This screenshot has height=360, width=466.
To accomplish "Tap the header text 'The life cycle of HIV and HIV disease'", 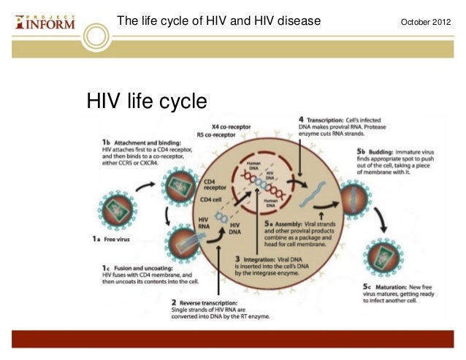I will click(219, 20).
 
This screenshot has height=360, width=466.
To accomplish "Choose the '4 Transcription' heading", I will click(326, 119).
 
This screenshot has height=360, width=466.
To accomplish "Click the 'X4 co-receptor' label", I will click(220, 126).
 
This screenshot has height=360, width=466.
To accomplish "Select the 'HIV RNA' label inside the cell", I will click(205, 223).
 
